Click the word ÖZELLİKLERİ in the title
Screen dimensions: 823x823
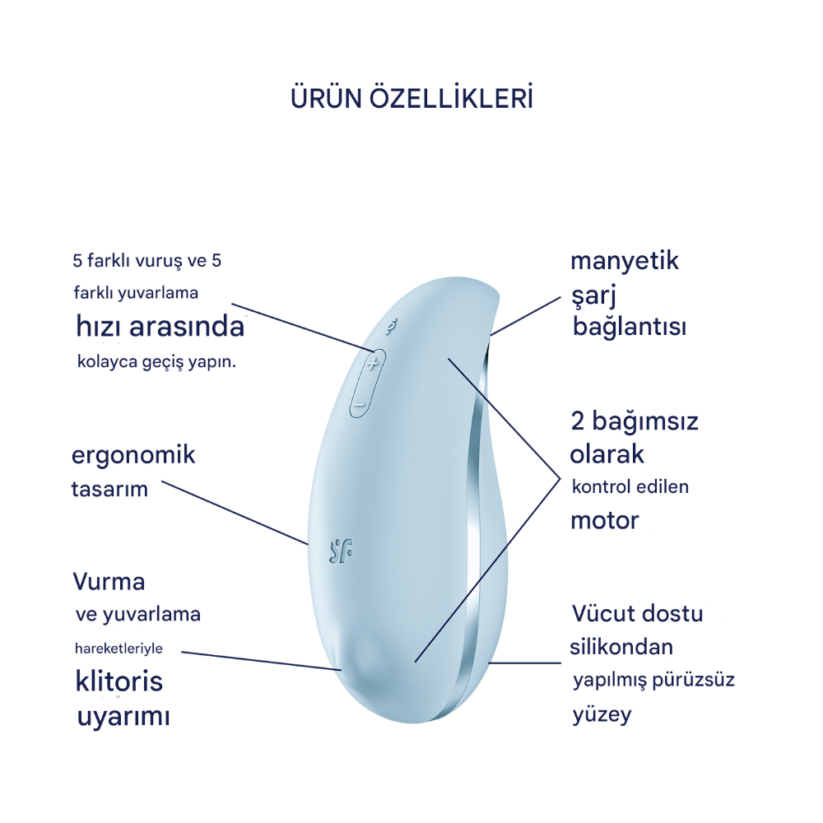[x=451, y=98]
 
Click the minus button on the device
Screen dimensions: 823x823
[x=360, y=405]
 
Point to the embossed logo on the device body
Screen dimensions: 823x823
[x=342, y=551]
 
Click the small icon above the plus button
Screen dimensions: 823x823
[x=390, y=327]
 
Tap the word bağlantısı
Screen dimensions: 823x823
[x=630, y=327]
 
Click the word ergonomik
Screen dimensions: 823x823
[x=133, y=456]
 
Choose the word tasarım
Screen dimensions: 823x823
[x=109, y=489]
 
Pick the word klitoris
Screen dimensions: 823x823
[x=119, y=681]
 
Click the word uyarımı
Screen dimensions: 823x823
[x=123, y=717]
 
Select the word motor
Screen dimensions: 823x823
[x=605, y=521]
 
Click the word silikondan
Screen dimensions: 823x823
[x=621, y=647]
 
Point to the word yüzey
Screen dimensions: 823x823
[x=602, y=715]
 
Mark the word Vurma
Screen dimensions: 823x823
[x=109, y=582]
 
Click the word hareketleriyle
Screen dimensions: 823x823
[x=119, y=649]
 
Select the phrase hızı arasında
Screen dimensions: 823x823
[x=160, y=326]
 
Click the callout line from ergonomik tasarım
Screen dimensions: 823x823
[x=235, y=512]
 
